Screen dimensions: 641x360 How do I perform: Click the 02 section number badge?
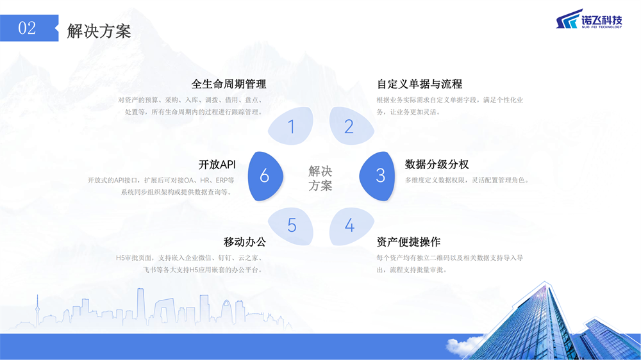(x=29, y=28)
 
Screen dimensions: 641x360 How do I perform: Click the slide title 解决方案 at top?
(x=99, y=31)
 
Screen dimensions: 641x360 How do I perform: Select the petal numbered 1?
(x=290, y=126)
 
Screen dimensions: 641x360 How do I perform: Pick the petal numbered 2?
(x=351, y=126)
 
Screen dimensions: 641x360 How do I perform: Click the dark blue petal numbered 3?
(x=378, y=176)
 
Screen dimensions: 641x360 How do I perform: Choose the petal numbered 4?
(x=351, y=226)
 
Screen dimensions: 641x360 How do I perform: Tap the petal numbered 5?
(x=290, y=226)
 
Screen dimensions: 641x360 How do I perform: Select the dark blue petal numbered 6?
(x=265, y=176)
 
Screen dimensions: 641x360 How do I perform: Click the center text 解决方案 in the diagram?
(x=320, y=178)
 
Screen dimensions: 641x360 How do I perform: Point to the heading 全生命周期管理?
(x=229, y=84)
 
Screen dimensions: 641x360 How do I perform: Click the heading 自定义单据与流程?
(x=419, y=84)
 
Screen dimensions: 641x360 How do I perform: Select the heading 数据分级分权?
(x=437, y=164)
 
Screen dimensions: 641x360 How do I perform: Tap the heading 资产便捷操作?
(x=408, y=242)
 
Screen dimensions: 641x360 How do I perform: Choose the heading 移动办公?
(x=245, y=242)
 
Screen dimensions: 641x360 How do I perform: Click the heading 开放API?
(x=217, y=164)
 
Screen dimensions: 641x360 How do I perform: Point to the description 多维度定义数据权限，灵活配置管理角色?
(x=467, y=180)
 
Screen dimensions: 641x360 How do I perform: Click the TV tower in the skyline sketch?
(x=37, y=311)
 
